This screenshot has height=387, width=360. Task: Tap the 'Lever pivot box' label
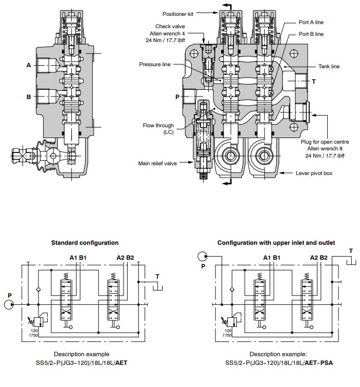[314, 173]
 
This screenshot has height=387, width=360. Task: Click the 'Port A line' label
[311, 22]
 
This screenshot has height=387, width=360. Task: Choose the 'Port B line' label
[311, 34]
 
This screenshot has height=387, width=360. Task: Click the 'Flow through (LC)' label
[158, 128]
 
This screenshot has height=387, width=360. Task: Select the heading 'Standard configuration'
[85, 243]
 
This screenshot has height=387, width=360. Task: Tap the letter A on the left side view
[29, 65]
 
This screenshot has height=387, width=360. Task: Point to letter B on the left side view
[29, 96]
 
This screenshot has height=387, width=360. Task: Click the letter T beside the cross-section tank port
[313, 82]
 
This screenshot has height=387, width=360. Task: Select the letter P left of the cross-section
[177, 96]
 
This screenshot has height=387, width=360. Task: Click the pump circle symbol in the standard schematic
[9, 304]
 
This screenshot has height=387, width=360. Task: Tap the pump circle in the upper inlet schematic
[203, 256]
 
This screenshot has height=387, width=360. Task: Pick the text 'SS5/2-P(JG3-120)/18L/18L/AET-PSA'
[279, 363]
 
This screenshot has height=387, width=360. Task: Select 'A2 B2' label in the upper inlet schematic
[316, 258]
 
